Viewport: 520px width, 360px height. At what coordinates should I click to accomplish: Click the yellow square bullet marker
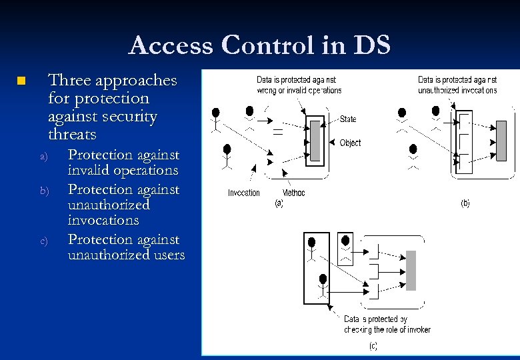pyautogui.click(x=21, y=81)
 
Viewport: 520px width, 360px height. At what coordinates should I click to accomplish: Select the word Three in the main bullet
pyautogui.click(x=69, y=81)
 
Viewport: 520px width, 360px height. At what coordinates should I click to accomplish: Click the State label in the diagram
pyautogui.click(x=348, y=119)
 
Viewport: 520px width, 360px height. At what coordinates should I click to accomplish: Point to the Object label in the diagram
pyautogui.click(x=350, y=143)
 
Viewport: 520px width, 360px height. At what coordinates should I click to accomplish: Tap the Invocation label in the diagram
pyautogui.click(x=243, y=193)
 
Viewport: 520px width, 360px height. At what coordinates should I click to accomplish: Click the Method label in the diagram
pyautogui.click(x=293, y=193)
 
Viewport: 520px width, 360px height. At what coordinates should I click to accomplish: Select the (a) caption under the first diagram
pyautogui.click(x=279, y=204)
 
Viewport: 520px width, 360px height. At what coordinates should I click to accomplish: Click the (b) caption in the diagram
pyautogui.click(x=465, y=203)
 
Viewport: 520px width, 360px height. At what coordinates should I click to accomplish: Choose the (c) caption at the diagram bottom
pyautogui.click(x=373, y=345)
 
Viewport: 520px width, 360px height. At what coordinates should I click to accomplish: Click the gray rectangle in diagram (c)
pyautogui.click(x=411, y=270)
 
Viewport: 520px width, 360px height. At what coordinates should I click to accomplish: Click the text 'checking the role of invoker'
pyautogui.click(x=387, y=329)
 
